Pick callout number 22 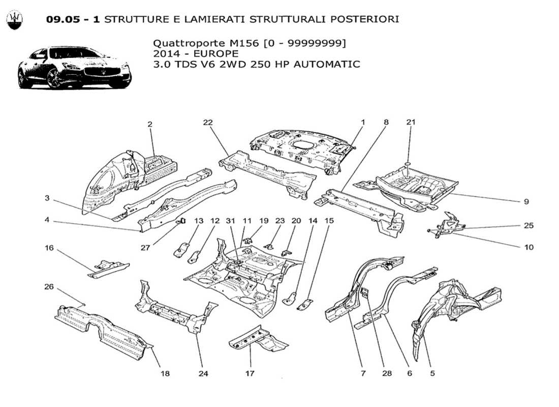(207, 122)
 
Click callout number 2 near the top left (150, 124)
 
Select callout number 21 (411, 122)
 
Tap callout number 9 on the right (526, 201)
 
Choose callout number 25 (529, 225)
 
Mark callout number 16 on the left (49, 248)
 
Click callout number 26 (49, 286)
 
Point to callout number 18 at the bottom (165, 373)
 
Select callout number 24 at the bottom (203, 373)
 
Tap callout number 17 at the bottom (250, 373)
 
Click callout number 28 (388, 373)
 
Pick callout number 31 (231, 220)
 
